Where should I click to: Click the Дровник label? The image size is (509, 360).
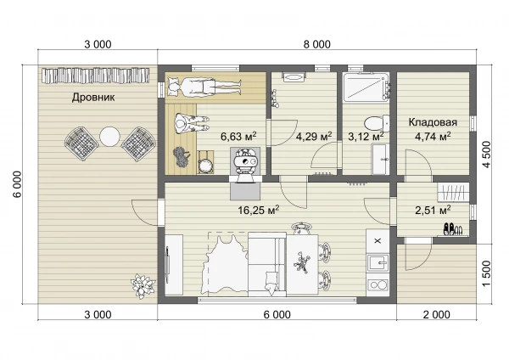93,97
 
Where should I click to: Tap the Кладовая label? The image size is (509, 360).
433,122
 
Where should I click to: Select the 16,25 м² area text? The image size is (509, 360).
259,211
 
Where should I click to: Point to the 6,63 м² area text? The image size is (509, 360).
238,136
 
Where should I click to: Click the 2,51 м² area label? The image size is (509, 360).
433,211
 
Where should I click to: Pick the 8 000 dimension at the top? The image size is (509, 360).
317,44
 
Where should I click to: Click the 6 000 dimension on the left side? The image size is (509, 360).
17,184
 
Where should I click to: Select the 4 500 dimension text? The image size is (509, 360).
487,154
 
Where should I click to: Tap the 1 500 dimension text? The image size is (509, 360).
487,273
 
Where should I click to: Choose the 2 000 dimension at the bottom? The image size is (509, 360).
437,314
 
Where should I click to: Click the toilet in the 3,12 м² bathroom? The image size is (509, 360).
377,123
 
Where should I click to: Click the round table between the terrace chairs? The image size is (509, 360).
110,137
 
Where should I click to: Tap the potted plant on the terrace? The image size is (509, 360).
143,286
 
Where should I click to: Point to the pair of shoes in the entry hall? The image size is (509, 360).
451,228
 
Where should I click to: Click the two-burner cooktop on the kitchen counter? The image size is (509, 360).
378,285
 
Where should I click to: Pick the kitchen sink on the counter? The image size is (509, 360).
378,262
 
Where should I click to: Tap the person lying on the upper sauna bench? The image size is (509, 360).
204,87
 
